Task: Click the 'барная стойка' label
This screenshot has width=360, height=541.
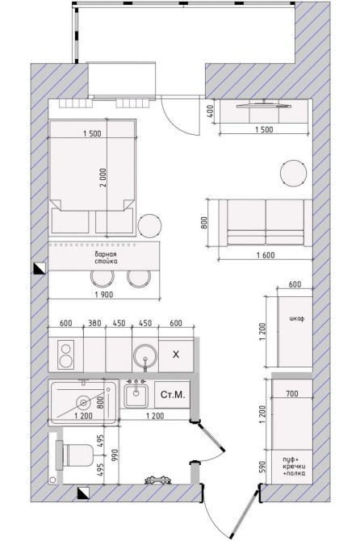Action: [x=106, y=258]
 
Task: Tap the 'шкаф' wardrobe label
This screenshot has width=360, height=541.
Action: [x=296, y=318]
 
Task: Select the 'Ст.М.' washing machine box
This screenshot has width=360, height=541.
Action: [x=173, y=395]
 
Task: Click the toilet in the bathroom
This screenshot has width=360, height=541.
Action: [x=75, y=455]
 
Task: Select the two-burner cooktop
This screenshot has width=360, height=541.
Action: [x=66, y=355]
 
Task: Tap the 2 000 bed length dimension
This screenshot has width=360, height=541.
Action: [x=104, y=178]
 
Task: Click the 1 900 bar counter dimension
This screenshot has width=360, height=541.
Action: [x=104, y=295]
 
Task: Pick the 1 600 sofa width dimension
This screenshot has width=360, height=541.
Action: [x=266, y=255]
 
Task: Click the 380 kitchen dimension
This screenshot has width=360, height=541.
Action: [x=94, y=323]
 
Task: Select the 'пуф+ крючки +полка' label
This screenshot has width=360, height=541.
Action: [x=294, y=467]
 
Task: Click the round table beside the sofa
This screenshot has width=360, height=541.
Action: [x=293, y=174]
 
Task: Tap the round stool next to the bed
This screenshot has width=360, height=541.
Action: [x=149, y=226]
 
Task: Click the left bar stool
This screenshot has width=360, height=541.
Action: [x=103, y=277]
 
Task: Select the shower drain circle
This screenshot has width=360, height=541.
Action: [x=83, y=402]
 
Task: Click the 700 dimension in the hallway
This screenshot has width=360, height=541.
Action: [x=292, y=393]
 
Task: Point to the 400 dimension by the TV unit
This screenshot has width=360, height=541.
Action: [x=211, y=111]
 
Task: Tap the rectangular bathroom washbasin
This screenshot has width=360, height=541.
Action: [x=136, y=394]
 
